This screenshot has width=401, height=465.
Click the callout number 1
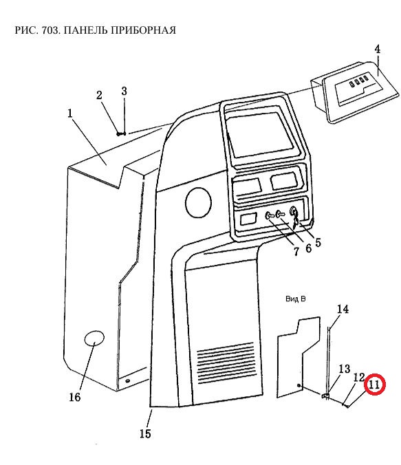coord(70,113)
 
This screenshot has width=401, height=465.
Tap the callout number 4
coord(377,50)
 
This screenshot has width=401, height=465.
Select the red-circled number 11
coord(374,385)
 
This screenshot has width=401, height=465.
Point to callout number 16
coord(75,397)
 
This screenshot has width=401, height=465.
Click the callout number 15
coord(145,434)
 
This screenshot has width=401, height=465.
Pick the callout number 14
coord(343,310)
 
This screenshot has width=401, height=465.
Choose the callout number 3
coord(124,91)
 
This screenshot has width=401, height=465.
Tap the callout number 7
coord(296,252)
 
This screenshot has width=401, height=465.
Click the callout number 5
coord(318,243)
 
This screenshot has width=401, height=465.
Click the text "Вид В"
coord(295,299)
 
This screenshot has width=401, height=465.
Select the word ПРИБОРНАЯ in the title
coord(144,30)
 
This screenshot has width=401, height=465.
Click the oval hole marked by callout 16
coord(94,338)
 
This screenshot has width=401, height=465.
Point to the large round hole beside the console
coord(198,202)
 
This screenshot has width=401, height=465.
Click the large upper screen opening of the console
coord(259,135)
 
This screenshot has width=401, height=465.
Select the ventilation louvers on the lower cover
coord(226,363)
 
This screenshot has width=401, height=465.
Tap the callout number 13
coord(345,369)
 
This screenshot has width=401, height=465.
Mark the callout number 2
coord(99,95)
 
